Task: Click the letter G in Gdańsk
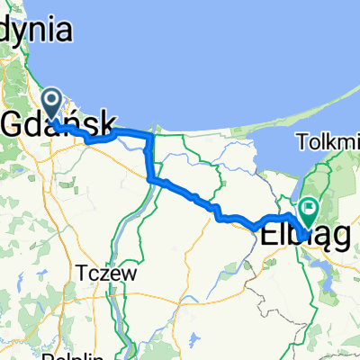(x=15, y=121)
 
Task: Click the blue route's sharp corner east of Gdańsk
(x=153, y=137)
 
